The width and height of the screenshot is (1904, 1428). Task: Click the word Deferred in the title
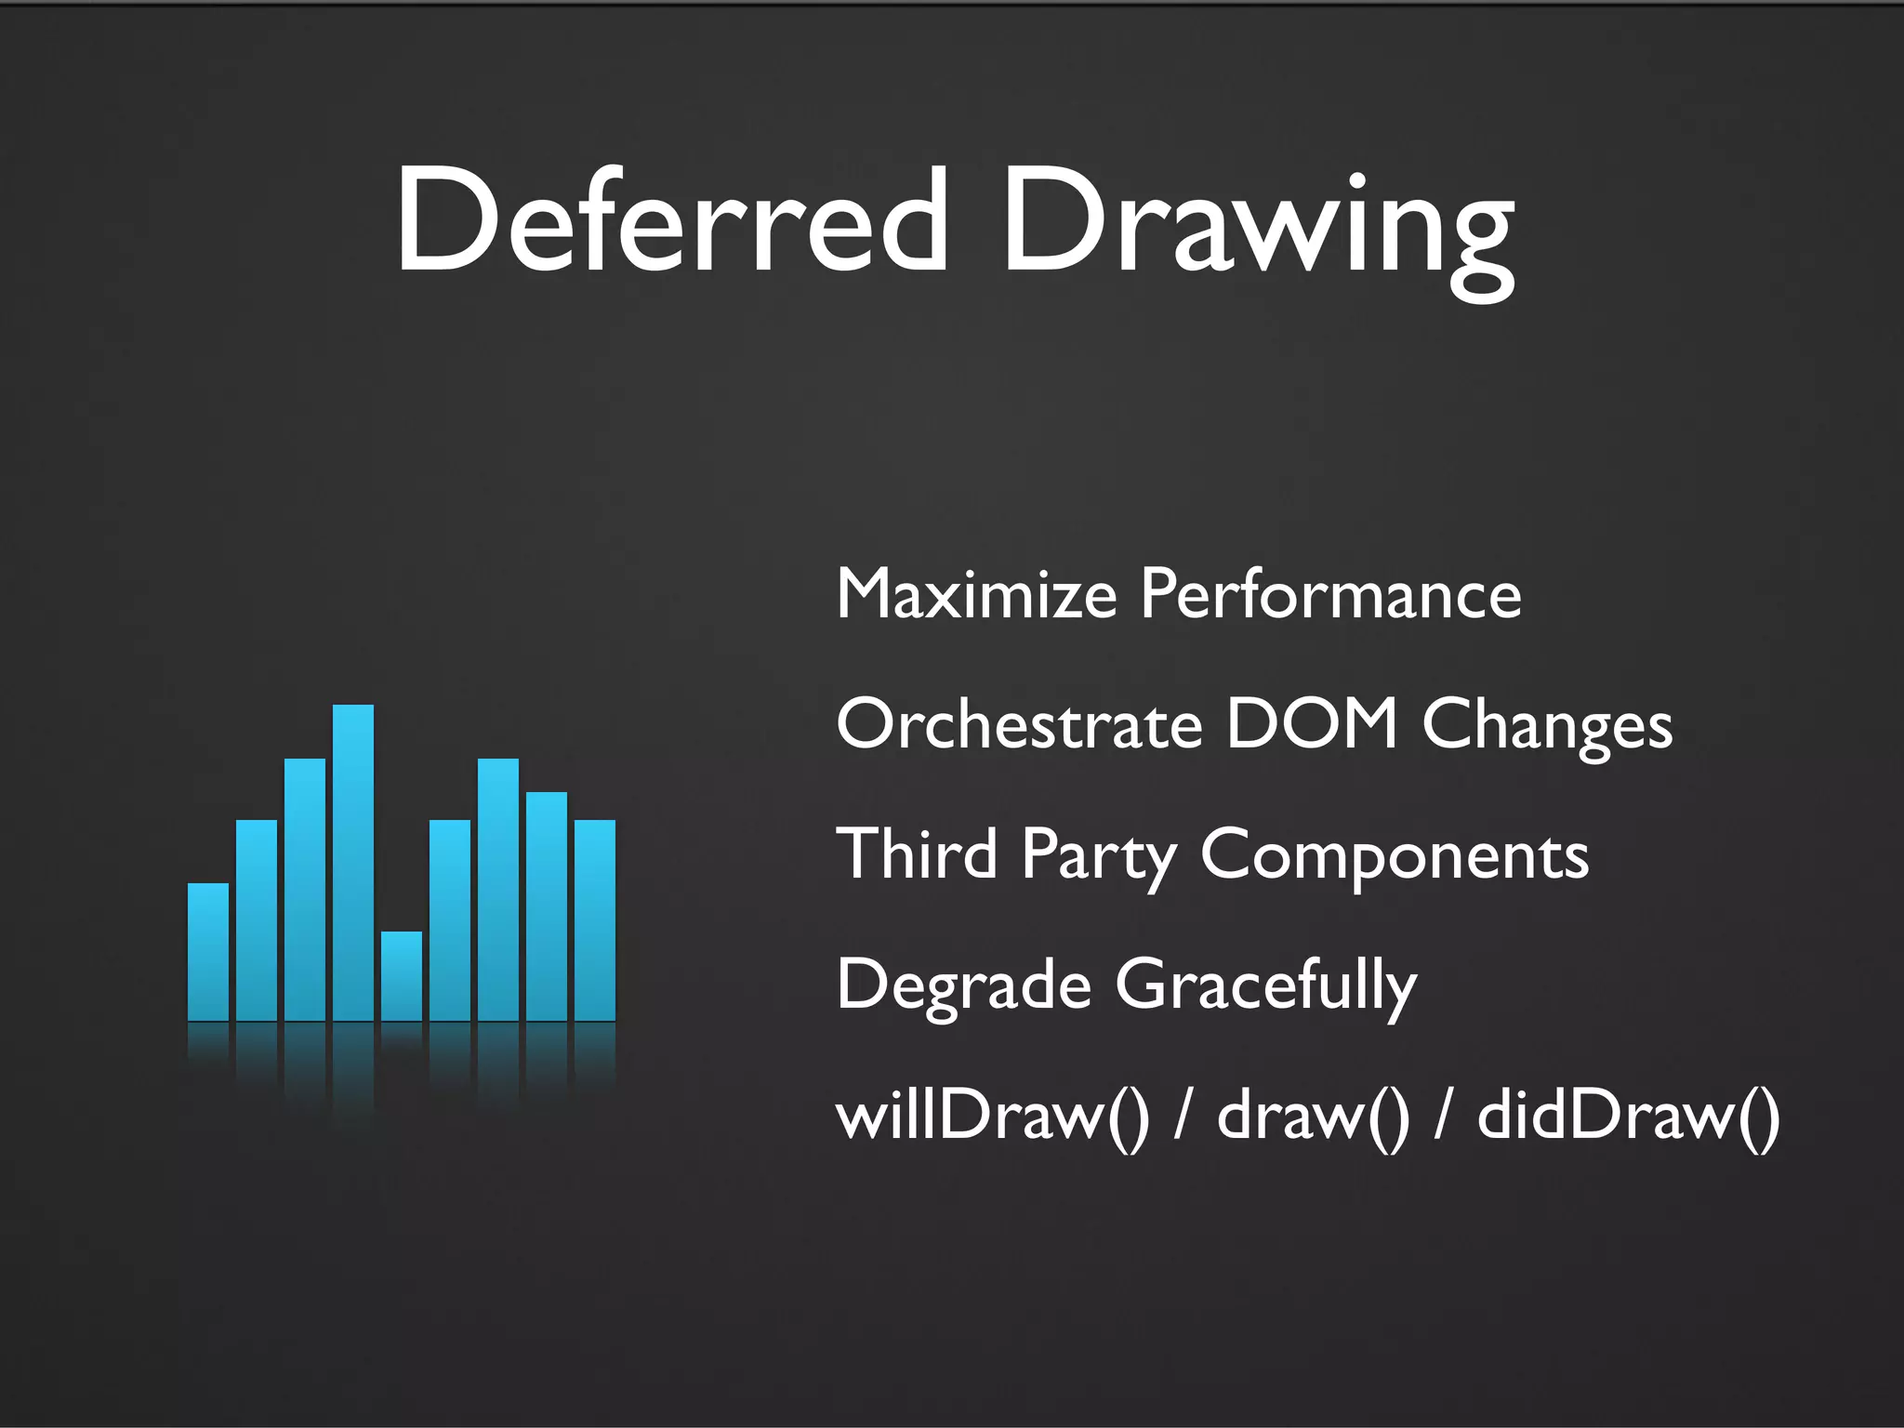(671, 220)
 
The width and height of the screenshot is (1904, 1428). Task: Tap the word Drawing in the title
(1257, 228)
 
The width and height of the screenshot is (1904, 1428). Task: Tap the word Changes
(1547, 727)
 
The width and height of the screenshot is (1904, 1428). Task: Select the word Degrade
(963, 985)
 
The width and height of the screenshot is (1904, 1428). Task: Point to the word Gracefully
(1266, 987)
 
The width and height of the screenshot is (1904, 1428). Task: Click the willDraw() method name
(993, 1116)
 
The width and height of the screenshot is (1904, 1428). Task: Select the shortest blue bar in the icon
(402, 976)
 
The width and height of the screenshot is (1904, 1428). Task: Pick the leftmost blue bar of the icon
(208, 952)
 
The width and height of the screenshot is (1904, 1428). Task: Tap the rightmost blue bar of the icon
(595, 920)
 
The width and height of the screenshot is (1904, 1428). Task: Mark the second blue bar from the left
(257, 920)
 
